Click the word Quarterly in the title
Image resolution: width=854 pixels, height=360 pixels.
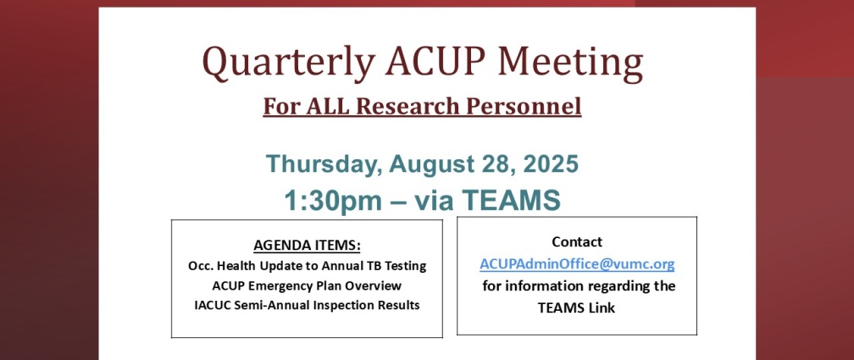pyautogui.click(x=288, y=63)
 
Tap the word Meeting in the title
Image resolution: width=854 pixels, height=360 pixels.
pyautogui.click(x=570, y=63)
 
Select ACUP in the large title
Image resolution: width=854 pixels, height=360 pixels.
pyautogui.click(x=436, y=60)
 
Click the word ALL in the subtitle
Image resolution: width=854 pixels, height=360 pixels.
pyautogui.click(x=326, y=106)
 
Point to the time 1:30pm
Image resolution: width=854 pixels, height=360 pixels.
pyautogui.click(x=333, y=201)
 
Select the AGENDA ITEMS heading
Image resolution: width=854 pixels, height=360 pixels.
pyautogui.click(x=307, y=246)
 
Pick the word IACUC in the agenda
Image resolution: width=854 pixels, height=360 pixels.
pyautogui.click(x=213, y=305)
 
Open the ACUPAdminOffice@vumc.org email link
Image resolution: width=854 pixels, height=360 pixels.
pyautogui.click(x=577, y=264)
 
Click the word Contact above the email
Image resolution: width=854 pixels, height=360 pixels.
pyautogui.click(x=577, y=241)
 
